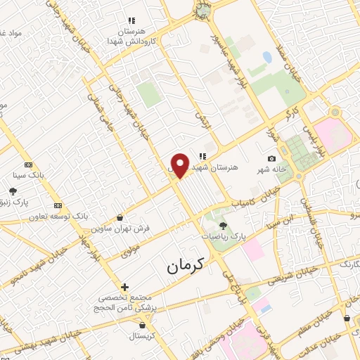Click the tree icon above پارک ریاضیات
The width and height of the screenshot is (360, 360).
[223, 226]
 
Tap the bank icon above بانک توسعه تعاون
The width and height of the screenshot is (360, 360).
[58, 205]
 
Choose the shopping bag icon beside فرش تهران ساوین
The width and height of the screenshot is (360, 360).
[122, 217]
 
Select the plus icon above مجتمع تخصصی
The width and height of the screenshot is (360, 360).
[124, 287]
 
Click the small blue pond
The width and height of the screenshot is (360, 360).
[267, 56]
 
